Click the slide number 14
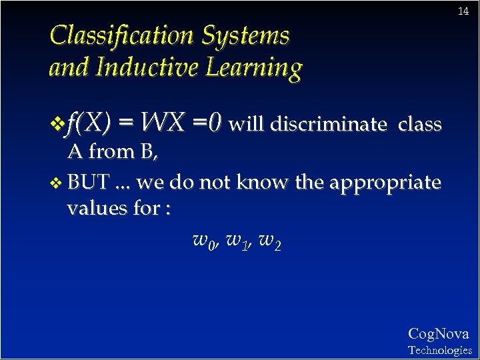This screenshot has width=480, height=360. pyautogui.click(x=463, y=12)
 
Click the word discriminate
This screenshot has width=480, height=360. pyautogui.click(x=328, y=125)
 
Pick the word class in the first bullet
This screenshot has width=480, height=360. pyautogui.click(x=419, y=125)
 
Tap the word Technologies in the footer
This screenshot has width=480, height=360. pyautogui.click(x=439, y=350)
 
